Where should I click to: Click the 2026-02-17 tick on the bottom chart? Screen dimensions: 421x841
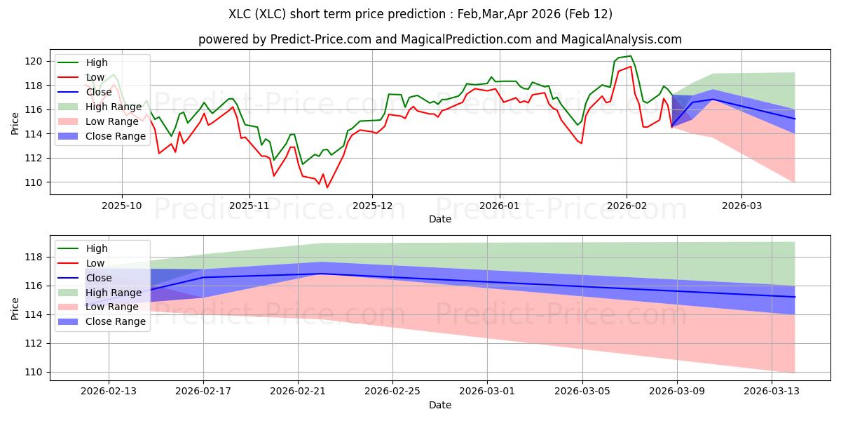pos(203,392)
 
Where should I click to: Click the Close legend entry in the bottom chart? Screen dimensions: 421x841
pos(98,278)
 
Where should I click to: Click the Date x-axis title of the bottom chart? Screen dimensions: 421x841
pos(440,405)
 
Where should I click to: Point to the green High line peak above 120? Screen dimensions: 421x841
pos(630,56)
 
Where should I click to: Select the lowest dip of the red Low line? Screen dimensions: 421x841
pos(327,187)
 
